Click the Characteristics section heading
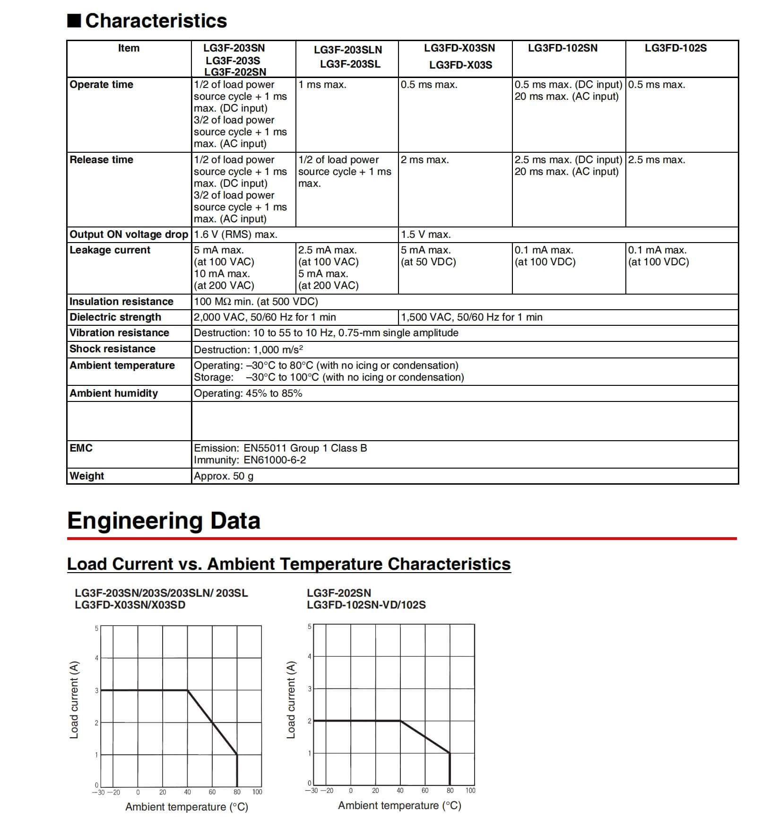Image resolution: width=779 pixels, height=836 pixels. (156, 21)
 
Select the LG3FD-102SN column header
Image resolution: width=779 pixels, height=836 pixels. (563, 48)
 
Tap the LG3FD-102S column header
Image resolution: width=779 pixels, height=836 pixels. (675, 48)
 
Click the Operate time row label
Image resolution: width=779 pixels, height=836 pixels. (102, 85)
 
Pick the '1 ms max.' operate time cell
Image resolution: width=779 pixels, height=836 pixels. (322, 85)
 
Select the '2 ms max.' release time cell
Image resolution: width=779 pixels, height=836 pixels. (424, 160)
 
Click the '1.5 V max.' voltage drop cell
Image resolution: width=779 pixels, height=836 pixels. (425, 235)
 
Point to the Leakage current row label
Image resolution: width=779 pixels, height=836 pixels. (110, 250)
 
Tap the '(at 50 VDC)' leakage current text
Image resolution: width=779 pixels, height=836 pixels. (428, 262)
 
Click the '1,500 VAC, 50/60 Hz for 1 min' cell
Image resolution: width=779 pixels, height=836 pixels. (471, 317)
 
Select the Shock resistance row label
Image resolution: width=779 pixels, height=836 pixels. (113, 349)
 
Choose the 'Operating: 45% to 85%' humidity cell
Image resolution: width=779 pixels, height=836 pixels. (248, 393)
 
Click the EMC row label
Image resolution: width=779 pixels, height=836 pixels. (81, 448)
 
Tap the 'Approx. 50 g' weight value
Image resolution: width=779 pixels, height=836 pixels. (224, 476)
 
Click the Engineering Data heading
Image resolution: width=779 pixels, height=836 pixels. (164, 521)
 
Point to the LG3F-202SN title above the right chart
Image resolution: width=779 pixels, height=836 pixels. (339, 593)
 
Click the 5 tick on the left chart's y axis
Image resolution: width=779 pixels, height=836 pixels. (96, 628)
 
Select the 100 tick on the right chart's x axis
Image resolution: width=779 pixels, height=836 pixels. (470, 790)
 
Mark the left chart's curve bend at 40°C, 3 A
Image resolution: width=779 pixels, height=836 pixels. (188, 690)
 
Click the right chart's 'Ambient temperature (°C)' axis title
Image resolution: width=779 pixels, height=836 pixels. (399, 805)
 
